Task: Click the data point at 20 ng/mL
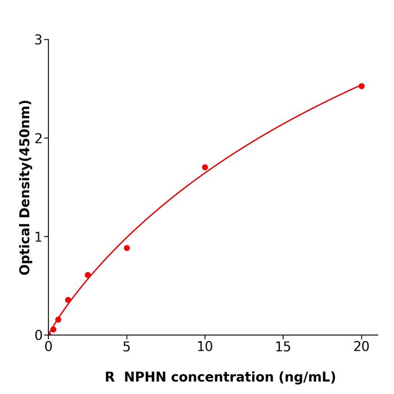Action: pyautogui.click(x=361, y=86)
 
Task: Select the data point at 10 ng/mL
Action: pyautogui.click(x=205, y=167)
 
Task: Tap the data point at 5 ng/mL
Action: pyautogui.click(x=127, y=248)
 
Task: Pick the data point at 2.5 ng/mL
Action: pyautogui.click(x=88, y=275)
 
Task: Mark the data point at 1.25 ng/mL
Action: pyautogui.click(x=68, y=300)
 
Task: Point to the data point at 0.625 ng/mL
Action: pyautogui.click(x=58, y=320)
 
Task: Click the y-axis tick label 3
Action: pyautogui.click(x=38, y=40)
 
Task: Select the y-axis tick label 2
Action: pyautogui.click(x=38, y=138)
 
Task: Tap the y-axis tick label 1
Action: pyautogui.click(x=38, y=237)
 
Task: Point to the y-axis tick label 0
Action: pyautogui.click(x=38, y=335)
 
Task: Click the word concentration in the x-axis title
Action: pyautogui.click(x=222, y=377)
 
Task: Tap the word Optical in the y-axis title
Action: pyautogui.click(x=25, y=247)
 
